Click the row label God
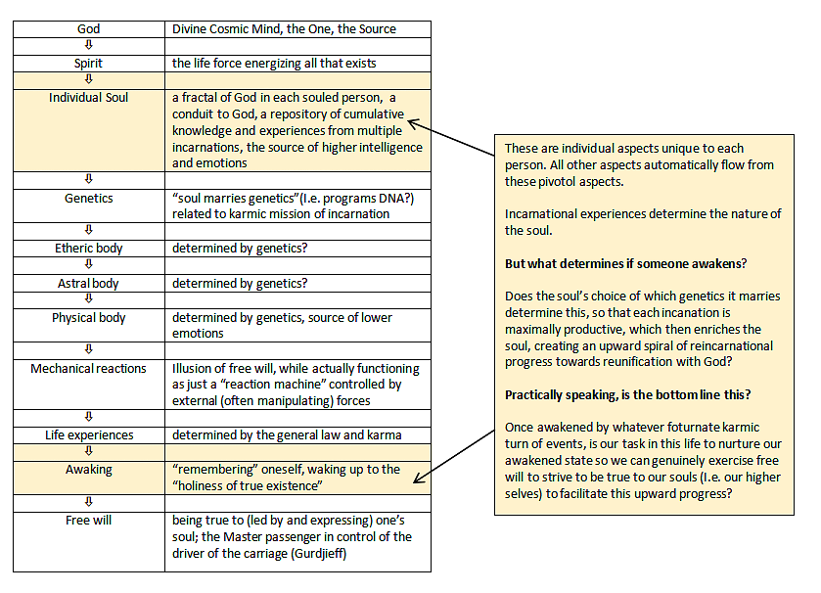[88, 29]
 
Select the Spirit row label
[88, 64]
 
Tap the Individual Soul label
[88, 98]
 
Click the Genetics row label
[88, 199]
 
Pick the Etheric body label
[88, 249]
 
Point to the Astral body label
[88, 284]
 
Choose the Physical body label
[88, 318]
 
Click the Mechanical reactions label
[88, 369]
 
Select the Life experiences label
[88, 435]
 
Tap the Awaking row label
[88, 470]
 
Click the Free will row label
[88, 521]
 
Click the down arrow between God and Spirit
[88, 46]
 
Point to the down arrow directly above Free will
[88, 503]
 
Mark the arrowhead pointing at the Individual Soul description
[412, 123]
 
